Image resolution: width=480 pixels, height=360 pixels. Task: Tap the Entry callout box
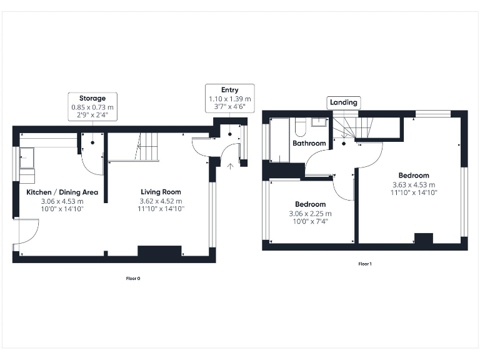230,98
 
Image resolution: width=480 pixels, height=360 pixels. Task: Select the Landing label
343,102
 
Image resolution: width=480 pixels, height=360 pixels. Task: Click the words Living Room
161,192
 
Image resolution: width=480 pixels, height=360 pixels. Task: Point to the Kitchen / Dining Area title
62,192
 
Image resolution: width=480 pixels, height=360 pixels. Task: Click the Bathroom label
309,143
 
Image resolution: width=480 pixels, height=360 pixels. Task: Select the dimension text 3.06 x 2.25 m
310,214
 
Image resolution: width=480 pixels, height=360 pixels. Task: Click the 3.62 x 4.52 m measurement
161,201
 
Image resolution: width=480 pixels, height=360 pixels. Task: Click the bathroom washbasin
321,122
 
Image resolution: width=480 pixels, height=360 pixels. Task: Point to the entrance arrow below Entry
230,166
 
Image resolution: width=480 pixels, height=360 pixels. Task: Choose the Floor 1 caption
365,264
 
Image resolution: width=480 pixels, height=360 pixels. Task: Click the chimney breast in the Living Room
159,251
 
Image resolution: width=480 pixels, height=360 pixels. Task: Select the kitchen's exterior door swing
27,232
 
